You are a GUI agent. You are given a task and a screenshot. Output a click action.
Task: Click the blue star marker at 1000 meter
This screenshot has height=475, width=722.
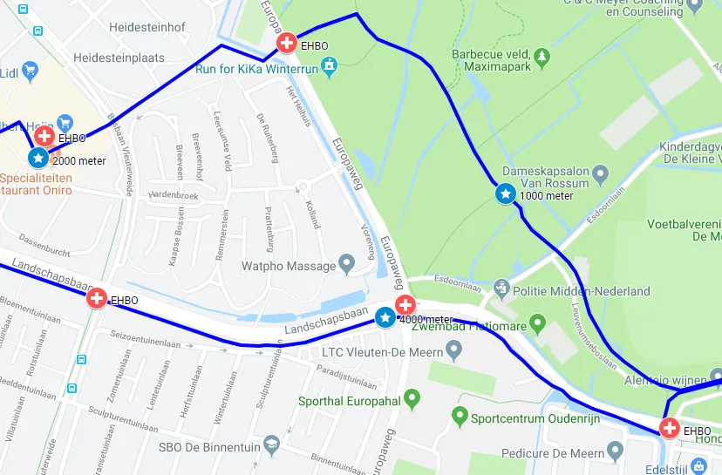coord(505,193)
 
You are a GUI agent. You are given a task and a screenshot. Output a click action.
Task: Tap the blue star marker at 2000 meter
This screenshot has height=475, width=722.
coord(38,158)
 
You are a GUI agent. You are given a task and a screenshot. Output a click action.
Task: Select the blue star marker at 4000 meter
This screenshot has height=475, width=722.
coord(385,318)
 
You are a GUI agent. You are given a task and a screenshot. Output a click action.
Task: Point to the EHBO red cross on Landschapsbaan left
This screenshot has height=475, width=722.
coord(97,299)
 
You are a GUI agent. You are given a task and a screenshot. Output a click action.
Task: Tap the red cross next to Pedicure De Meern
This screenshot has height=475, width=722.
coord(669,428)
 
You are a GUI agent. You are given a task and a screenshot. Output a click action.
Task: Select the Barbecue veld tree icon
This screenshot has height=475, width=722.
coord(541,57)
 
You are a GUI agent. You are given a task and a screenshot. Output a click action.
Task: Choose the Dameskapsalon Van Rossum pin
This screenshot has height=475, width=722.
coord(600,177)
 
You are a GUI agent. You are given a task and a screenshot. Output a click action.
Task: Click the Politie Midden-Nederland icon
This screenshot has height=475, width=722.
coord(501,288)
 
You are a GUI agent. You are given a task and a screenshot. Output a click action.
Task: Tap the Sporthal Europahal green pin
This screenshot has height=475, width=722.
coord(412,399)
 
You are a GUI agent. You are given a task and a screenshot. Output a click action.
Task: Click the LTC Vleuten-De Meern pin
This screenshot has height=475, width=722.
coord(453,350)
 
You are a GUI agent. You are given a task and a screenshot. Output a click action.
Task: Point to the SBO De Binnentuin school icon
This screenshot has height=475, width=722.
coord(271,444)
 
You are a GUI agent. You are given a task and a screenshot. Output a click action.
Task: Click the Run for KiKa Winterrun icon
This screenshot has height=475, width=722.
coord(329,64)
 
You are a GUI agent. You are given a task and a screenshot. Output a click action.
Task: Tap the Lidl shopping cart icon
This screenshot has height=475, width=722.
coord(29,69)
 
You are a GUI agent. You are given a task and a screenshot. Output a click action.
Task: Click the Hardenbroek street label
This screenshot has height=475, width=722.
coord(174,195)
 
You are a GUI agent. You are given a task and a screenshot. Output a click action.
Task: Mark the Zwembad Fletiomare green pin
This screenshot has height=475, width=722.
coord(537,325)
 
